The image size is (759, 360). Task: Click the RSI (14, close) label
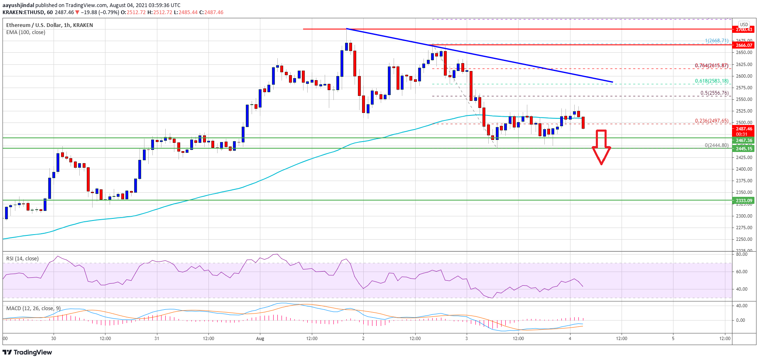22,259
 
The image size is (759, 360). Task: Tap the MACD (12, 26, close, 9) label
33,309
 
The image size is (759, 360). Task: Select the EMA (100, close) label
26,32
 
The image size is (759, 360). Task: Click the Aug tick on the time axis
260,338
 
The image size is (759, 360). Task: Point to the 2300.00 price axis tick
744,216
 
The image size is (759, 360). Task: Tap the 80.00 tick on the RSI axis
742,254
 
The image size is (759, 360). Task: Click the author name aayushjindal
18,5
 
